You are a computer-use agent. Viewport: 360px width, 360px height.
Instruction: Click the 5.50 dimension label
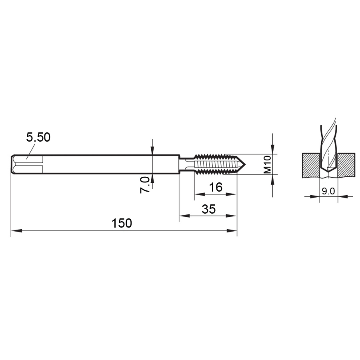click(38, 137)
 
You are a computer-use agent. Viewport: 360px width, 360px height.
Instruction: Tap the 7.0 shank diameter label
click(145, 185)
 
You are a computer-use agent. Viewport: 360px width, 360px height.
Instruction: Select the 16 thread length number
click(216, 187)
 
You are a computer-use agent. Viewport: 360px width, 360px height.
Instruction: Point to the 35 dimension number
click(209, 209)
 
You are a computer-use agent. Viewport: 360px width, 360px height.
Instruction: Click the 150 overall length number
click(122, 223)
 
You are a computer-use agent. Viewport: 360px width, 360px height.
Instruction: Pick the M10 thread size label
click(268, 165)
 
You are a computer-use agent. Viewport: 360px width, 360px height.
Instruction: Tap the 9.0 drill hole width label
click(328, 191)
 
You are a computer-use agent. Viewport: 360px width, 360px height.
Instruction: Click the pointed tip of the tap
click(246, 164)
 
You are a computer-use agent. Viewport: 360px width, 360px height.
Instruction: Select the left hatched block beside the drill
click(311, 165)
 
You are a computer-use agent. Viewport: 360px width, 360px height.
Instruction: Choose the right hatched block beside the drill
click(346, 165)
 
